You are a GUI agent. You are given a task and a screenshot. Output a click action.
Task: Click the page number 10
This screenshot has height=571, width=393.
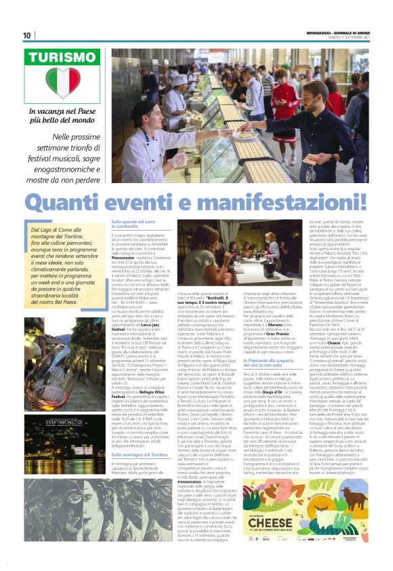(27, 35)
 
